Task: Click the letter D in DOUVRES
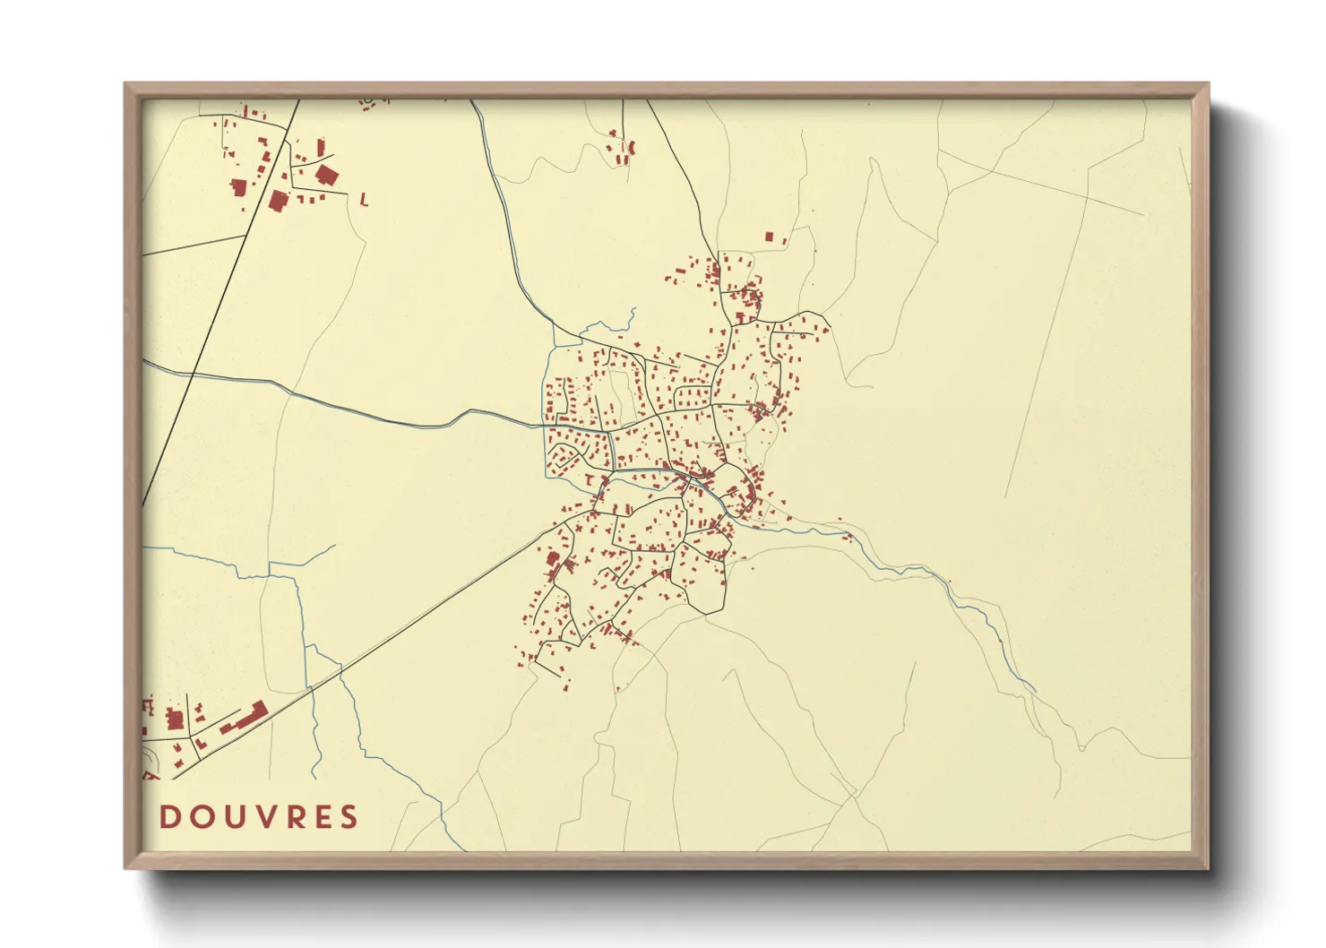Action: click(169, 817)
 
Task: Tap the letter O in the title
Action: click(199, 817)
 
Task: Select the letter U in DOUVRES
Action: click(230, 817)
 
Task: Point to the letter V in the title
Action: click(261, 817)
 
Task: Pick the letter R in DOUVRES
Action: click(290, 817)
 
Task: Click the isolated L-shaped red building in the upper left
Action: click(363, 201)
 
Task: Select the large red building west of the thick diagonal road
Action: click(238, 186)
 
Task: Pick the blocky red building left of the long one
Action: click(176, 719)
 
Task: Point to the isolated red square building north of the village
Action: click(769, 237)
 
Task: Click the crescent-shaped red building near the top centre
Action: click(632, 146)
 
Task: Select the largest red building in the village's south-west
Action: click(553, 559)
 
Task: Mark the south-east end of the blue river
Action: click(1036, 691)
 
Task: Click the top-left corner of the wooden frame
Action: click(125, 84)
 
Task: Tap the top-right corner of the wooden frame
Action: click(1209, 84)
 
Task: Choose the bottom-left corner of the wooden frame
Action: click(125, 867)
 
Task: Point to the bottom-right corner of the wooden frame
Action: click(1209, 867)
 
